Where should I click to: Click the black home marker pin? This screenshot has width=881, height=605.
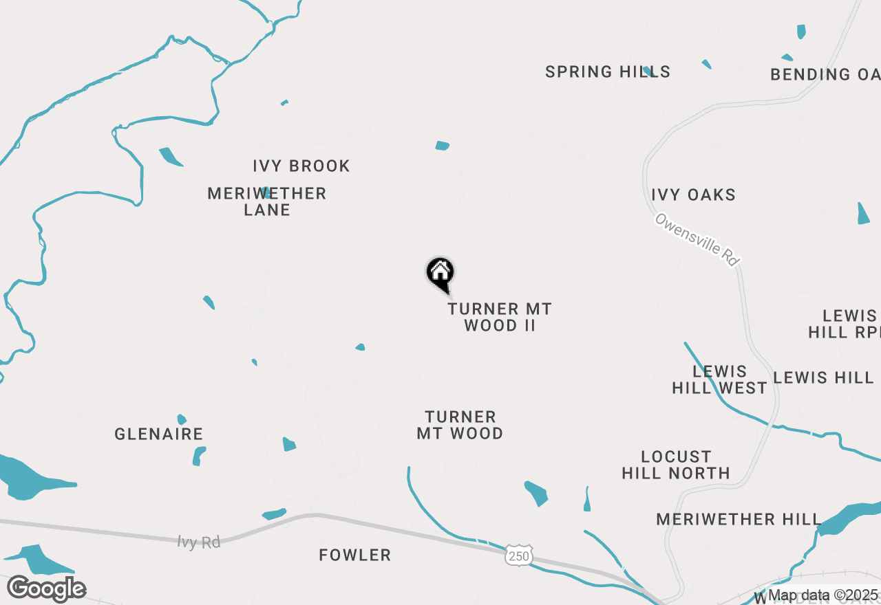point(440,273)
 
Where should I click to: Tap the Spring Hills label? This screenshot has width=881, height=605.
point(608,71)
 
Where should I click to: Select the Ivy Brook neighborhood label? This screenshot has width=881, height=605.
point(301,166)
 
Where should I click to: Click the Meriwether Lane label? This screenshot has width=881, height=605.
point(267,201)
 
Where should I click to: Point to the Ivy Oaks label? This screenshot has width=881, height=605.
point(694,195)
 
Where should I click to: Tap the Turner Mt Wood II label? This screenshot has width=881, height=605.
point(500,317)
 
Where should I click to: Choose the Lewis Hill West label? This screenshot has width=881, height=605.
point(719,379)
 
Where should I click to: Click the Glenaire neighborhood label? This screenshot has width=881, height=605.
point(159,434)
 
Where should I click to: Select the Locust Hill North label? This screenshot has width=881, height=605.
point(676,465)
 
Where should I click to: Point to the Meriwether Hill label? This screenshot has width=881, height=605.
point(739,519)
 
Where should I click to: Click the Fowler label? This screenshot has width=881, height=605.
point(355,555)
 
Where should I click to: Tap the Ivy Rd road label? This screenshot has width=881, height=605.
point(199,542)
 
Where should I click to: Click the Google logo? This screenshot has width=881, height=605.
point(47,589)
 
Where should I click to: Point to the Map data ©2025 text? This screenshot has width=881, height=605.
point(823,595)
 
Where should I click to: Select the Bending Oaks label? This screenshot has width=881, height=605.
point(825,74)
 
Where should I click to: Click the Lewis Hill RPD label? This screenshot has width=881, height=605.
point(844,324)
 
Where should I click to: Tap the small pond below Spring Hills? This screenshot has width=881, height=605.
point(443,145)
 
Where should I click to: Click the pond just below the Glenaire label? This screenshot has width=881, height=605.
point(199,456)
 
